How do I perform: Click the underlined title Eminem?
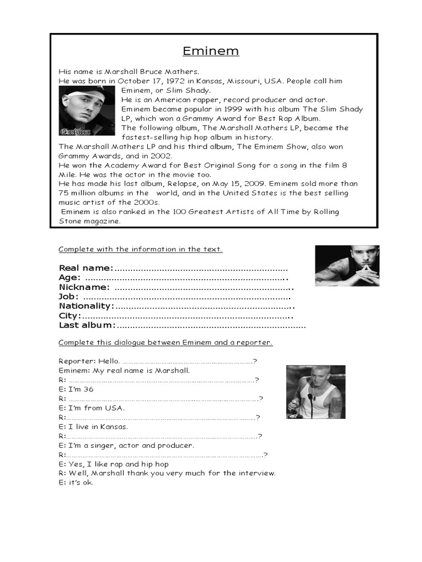point(211,52)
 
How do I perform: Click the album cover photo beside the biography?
point(87,111)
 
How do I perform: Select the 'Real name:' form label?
point(86,268)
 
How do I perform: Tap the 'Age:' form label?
point(69,278)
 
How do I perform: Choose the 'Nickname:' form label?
point(84,287)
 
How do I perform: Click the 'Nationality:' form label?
point(86,306)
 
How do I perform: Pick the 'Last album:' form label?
point(87,325)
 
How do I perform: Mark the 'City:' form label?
point(70,316)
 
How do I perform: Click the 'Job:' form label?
point(69,296)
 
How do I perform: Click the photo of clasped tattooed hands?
point(347,266)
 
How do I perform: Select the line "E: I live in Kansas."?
point(93,426)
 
